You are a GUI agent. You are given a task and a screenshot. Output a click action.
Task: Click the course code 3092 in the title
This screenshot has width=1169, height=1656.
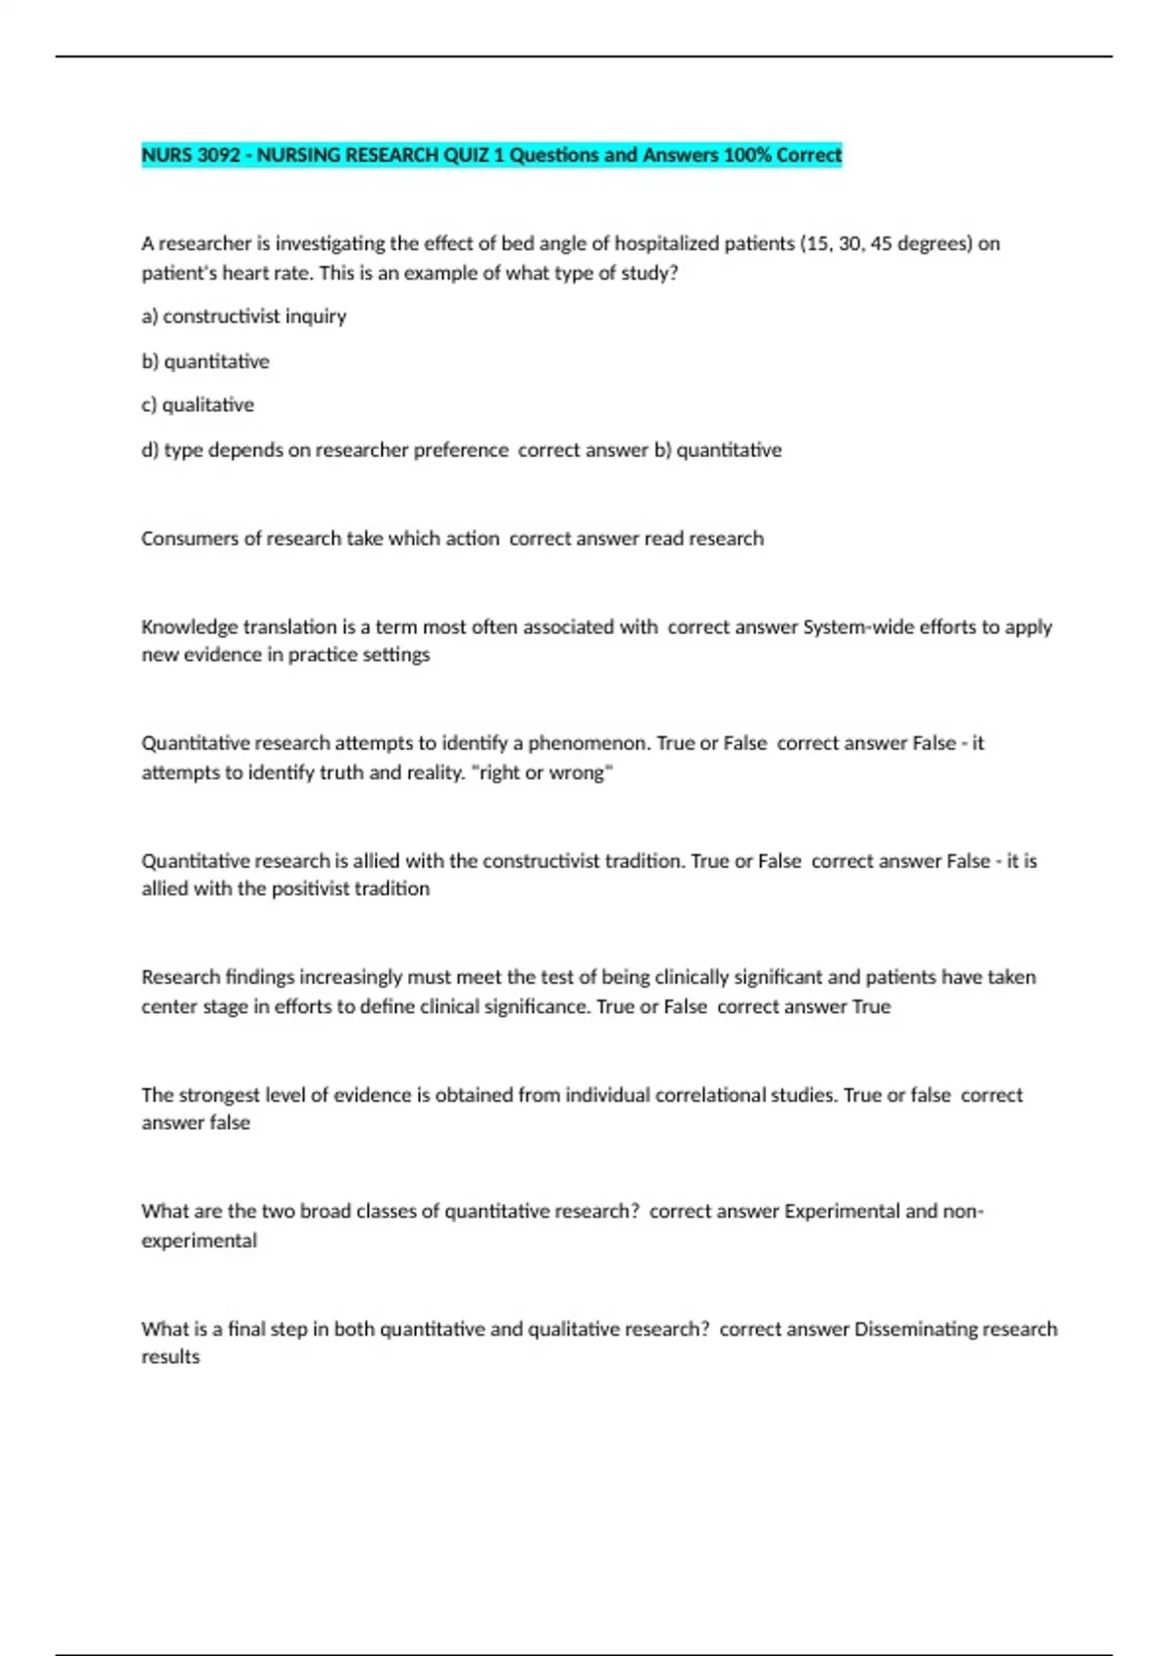pos(218,155)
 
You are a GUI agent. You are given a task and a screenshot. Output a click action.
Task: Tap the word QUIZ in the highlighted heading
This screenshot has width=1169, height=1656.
pos(469,155)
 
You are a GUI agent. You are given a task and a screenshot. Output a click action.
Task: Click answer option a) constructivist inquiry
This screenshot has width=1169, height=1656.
pos(244,317)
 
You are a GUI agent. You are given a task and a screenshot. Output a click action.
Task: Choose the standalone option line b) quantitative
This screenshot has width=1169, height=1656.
pos(206,361)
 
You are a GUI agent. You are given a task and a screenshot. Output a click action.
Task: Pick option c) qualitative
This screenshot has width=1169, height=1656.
pos(198,405)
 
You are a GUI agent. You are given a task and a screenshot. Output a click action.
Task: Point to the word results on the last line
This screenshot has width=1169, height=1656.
pos(170,1357)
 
